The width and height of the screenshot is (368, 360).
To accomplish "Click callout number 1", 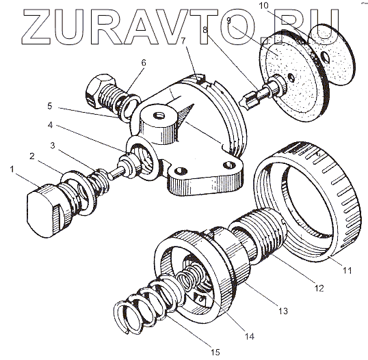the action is click(x=12, y=169).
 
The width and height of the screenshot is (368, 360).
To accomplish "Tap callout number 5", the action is click(x=49, y=106).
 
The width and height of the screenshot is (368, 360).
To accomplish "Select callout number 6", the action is click(x=144, y=63).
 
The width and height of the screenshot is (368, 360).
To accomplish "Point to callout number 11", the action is click(x=347, y=271).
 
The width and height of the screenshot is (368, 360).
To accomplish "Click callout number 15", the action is click(x=215, y=352).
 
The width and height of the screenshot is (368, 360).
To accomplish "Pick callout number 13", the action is click(x=283, y=311).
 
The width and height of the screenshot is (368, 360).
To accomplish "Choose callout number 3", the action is click(x=53, y=146).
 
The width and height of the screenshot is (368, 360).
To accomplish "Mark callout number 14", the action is click(x=249, y=337).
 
